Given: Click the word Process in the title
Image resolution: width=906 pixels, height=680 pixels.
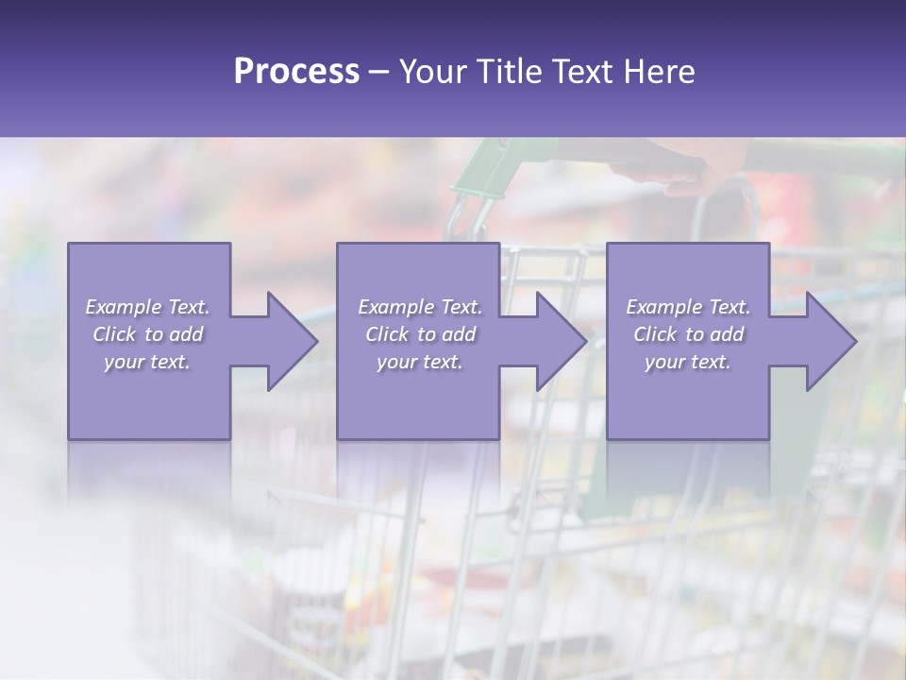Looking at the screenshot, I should [x=296, y=72].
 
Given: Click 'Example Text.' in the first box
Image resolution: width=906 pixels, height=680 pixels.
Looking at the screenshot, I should [x=148, y=307].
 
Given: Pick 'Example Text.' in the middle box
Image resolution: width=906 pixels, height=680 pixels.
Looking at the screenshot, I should [x=420, y=307].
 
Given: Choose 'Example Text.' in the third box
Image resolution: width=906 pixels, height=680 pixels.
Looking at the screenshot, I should [x=688, y=307].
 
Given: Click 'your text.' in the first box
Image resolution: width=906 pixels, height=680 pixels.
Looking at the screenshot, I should [x=147, y=362].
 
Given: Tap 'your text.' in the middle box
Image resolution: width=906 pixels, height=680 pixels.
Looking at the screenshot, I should [x=420, y=362].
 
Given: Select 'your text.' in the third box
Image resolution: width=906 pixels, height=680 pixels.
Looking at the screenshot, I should [x=688, y=362].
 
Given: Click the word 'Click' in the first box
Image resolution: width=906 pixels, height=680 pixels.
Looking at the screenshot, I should [x=114, y=334].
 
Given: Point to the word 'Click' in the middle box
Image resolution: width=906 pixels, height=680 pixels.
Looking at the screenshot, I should [x=387, y=334].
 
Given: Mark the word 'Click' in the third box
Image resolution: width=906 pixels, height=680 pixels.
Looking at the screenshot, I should [x=655, y=334].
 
